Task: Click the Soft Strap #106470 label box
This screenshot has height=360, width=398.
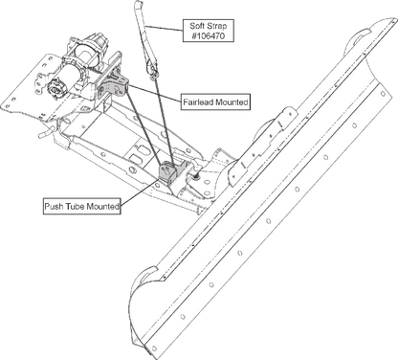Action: (x=209, y=31)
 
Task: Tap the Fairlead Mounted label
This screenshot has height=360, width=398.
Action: (x=215, y=102)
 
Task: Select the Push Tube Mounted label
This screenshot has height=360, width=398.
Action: (x=82, y=206)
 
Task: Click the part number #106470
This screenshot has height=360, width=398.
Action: (x=209, y=36)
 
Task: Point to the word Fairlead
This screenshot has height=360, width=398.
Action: (x=198, y=102)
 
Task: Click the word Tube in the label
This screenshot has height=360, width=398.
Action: (x=76, y=206)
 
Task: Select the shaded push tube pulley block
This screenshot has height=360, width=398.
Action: (x=167, y=173)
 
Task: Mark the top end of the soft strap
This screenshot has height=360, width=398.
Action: (x=138, y=4)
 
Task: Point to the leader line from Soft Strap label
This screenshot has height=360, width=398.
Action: (x=164, y=28)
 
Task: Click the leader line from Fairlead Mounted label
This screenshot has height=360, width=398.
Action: (x=155, y=93)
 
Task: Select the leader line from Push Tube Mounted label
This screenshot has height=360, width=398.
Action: (x=139, y=192)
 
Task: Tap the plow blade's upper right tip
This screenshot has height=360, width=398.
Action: (x=392, y=20)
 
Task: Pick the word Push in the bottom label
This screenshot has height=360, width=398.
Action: (x=55, y=206)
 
